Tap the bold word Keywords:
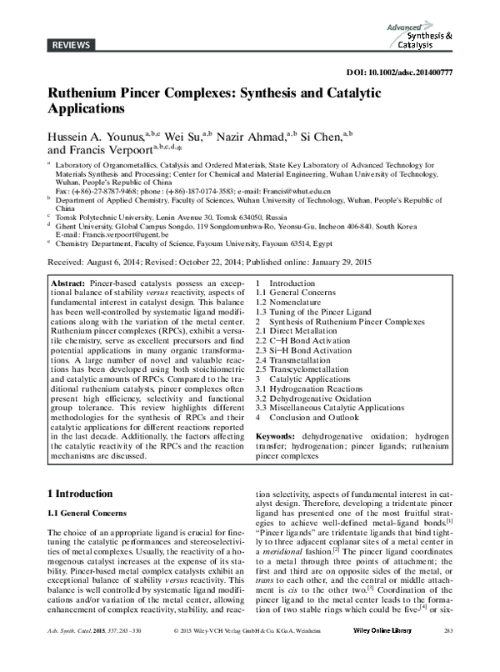tap(279, 436)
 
